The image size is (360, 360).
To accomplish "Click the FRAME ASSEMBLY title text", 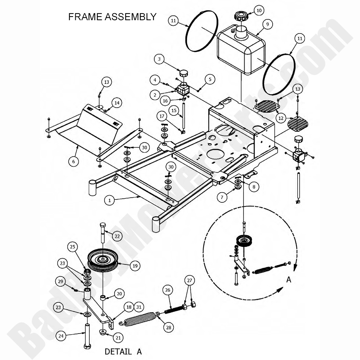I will [x=112, y=17].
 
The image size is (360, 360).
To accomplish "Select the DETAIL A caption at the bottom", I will [x=123, y=351].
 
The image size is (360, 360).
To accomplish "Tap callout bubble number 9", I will [x=267, y=24].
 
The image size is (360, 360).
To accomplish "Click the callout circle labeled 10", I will [x=259, y=10].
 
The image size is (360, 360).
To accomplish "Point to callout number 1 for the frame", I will [x=109, y=200].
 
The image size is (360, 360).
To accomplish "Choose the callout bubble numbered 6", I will [x=73, y=161].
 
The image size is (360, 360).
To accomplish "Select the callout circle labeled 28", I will [x=169, y=327].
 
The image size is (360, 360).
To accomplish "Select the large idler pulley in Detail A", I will [x=102, y=260].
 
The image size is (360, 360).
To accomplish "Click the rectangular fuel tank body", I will [x=241, y=51].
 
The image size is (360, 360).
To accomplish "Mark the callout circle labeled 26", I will [x=168, y=290].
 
